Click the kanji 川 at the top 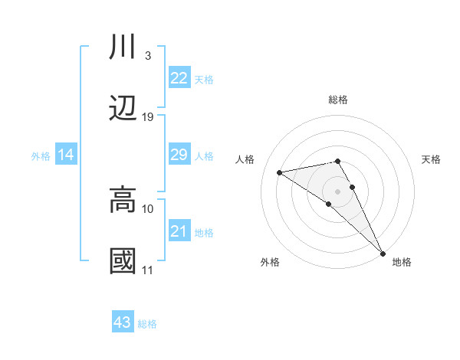coord(123,47)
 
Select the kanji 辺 coord(123,108)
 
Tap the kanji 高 coord(123,200)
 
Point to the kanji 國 coord(123,261)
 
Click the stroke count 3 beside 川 coord(147,56)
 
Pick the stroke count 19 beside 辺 coord(148,117)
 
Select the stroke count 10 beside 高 coord(148,208)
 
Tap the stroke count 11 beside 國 coord(148,270)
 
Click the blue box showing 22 coord(179,78)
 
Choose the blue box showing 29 coord(179,155)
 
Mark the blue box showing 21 coord(179,231)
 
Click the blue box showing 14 coord(66,155)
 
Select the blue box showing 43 coord(123,323)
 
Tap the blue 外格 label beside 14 coord(41,156)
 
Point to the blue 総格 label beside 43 coord(148,324)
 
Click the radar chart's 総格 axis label coord(338,100)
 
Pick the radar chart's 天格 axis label coord(431,159)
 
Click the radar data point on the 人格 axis coord(280,172)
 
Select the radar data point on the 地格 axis coord(383,253)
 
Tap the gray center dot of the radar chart coord(338,191)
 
